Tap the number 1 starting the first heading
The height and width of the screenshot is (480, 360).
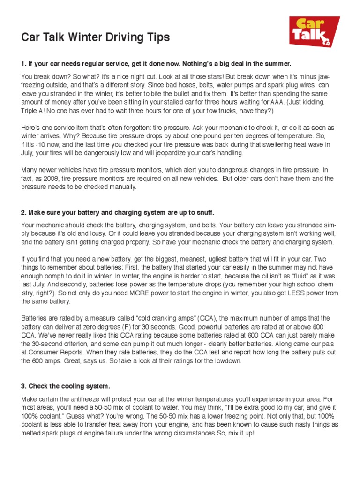[x=23, y=63]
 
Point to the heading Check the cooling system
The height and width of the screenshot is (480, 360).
[x=65, y=386]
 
